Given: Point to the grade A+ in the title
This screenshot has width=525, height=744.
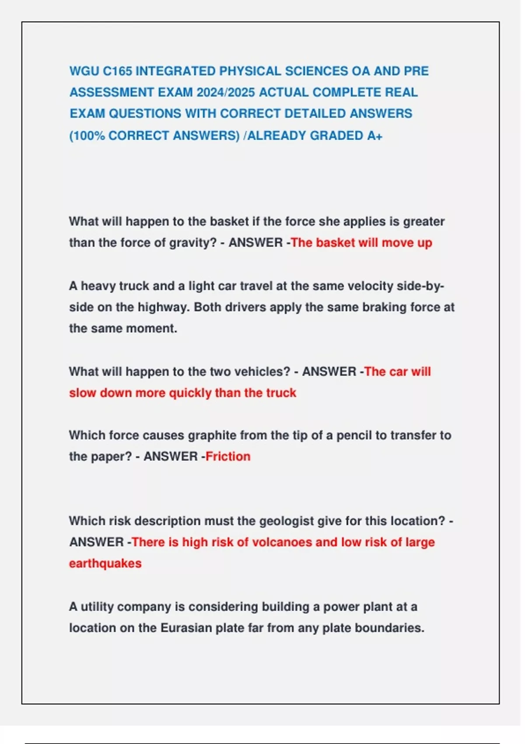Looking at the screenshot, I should click(x=374, y=136).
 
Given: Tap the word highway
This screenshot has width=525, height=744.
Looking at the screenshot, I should click(x=164, y=307).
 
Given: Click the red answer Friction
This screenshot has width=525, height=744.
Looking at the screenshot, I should click(x=228, y=456).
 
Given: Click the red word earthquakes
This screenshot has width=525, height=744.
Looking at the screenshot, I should click(x=105, y=563).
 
